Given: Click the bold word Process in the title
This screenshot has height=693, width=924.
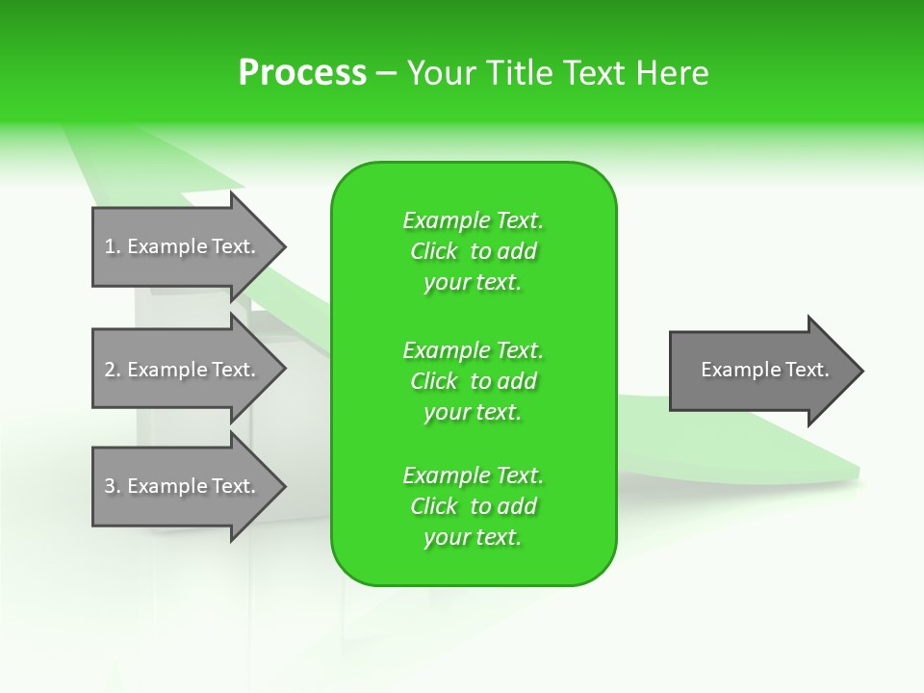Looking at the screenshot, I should [x=302, y=73].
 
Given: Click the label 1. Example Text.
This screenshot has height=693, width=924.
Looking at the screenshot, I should [x=180, y=246].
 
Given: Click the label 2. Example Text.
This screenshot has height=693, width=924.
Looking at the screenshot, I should [x=180, y=370].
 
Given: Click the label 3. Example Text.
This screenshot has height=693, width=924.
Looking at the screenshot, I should [x=180, y=486].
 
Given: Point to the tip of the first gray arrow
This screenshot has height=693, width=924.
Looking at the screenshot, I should [x=284, y=247].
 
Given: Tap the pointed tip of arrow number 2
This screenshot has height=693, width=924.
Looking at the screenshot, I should [x=284, y=370].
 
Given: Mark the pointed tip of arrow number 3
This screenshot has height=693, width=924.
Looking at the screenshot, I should [x=284, y=487].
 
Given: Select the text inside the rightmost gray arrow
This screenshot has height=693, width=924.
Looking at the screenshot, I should [x=765, y=370].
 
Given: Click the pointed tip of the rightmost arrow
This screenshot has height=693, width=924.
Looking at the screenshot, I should [x=861, y=371].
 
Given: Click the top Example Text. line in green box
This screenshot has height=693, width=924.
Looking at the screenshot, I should [x=474, y=220].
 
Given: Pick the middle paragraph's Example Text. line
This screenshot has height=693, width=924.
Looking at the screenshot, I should [x=474, y=350].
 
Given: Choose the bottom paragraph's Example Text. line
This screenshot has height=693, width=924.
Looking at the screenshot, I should [x=474, y=475].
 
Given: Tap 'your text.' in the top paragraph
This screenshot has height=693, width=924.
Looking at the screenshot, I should [x=473, y=283].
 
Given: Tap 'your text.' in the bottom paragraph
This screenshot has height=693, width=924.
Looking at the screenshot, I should [x=473, y=538].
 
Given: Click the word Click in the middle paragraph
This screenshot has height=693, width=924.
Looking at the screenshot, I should [x=434, y=381].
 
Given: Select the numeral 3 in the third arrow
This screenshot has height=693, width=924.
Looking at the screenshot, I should [x=109, y=486].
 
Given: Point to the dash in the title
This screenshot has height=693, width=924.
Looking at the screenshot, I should [x=386, y=74].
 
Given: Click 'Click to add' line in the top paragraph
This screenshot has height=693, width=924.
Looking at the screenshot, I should [x=474, y=251].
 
